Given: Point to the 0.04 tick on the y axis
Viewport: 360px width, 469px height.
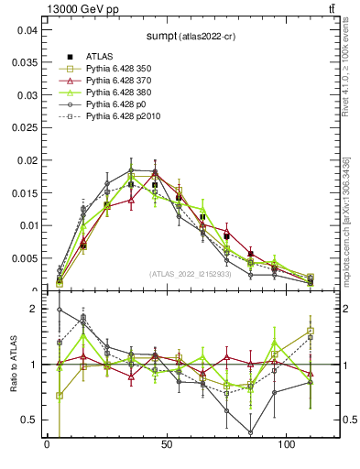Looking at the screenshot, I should [27, 29].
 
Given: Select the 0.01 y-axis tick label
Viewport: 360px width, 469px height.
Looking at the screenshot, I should [27, 225].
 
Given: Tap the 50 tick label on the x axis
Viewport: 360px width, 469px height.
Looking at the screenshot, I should [166, 444].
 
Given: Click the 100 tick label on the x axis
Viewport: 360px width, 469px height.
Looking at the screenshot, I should [286, 444].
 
